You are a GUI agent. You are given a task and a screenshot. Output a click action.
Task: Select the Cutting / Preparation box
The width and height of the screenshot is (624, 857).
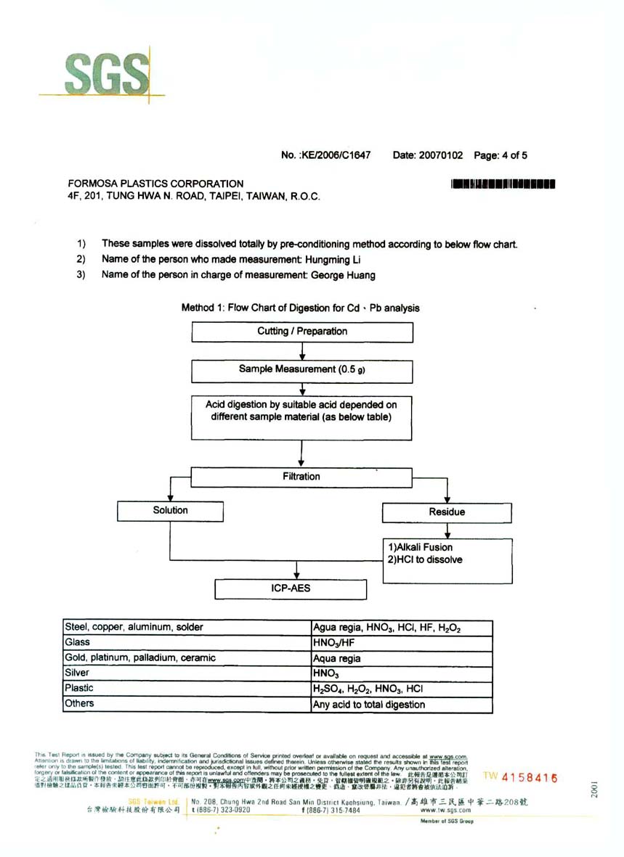[x=302, y=332]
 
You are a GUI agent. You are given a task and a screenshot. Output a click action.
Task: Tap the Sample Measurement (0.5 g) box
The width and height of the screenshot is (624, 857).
[x=302, y=370]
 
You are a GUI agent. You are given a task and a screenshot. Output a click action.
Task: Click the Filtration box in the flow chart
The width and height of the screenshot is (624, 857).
[x=301, y=477]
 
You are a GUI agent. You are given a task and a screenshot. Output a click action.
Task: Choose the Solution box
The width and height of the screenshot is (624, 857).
[x=170, y=511]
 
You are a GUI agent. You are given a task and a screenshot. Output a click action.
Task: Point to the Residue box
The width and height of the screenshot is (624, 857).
[x=447, y=512]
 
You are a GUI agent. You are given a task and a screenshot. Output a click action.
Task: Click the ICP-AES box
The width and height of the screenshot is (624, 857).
[x=291, y=588]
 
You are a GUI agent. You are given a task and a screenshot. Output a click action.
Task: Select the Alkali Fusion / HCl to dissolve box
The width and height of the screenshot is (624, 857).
[x=447, y=554]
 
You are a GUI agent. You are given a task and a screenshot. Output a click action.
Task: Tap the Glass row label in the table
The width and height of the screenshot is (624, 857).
[x=78, y=642]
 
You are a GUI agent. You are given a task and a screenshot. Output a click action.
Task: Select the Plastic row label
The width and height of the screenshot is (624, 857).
[x=80, y=689]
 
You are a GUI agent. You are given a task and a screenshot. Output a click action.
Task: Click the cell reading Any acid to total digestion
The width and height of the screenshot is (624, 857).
[x=369, y=704]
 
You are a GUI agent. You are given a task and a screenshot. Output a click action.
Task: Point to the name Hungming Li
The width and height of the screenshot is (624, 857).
[x=332, y=260]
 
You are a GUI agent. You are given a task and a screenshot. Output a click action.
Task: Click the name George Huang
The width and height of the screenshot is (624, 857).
[x=344, y=276]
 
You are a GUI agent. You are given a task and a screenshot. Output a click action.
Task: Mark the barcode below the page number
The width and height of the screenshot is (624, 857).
[x=503, y=184]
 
